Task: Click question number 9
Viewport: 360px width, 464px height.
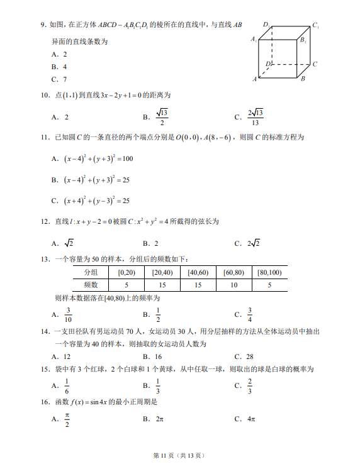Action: [x=43, y=25]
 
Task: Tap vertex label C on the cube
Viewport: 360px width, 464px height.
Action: [x=315, y=64]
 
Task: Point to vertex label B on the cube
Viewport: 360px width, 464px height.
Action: [x=303, y=79]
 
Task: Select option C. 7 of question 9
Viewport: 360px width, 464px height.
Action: [x=60, y=79]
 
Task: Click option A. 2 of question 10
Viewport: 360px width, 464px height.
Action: [x=60, y=117]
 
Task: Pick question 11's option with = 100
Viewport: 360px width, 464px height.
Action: [x=92, y=159]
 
